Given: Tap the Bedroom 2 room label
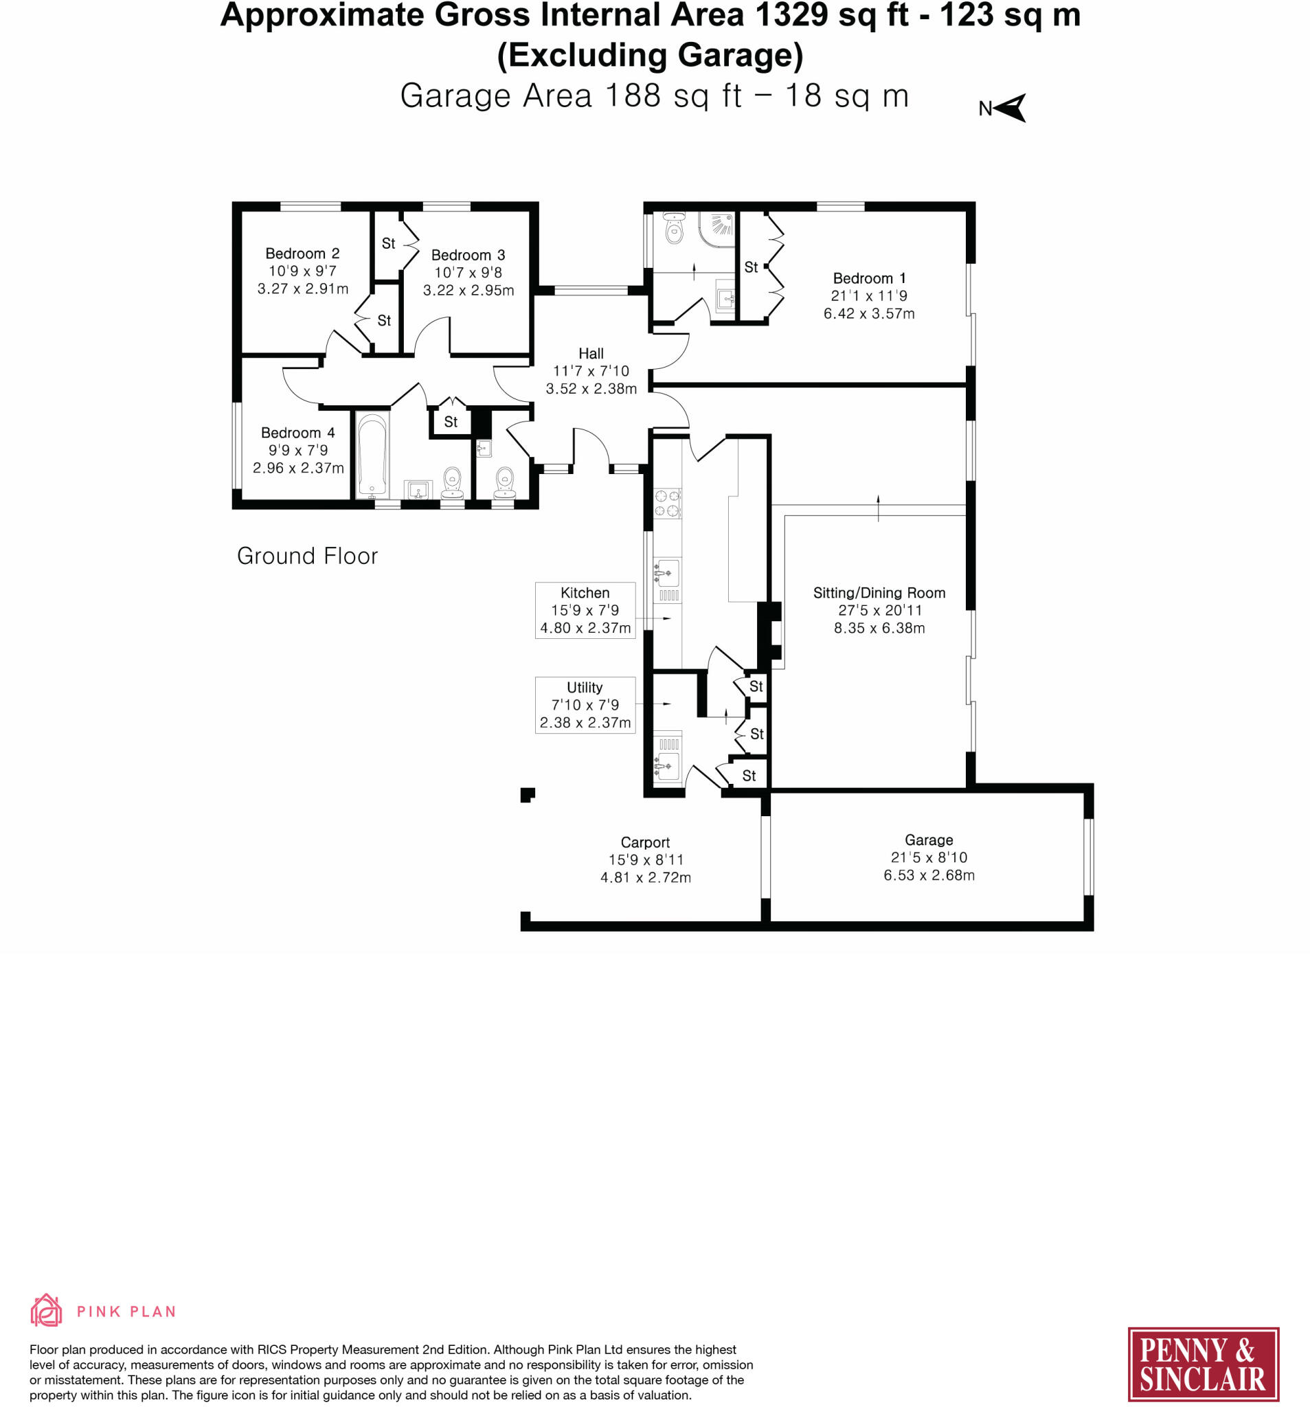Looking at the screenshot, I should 302,254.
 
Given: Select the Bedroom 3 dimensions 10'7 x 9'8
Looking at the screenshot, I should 468,273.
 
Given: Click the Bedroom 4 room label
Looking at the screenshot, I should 298,432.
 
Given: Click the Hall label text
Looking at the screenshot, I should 591,353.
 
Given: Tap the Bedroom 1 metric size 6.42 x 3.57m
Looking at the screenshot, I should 868,313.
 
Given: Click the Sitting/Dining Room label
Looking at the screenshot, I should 879,593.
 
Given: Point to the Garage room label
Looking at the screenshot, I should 929,840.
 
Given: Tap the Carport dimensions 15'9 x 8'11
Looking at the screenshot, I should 646,860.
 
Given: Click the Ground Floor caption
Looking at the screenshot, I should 307,556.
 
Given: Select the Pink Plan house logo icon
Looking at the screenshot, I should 46,1310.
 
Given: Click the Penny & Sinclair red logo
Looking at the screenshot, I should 1202,1364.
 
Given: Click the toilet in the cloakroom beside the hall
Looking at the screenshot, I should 504,480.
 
